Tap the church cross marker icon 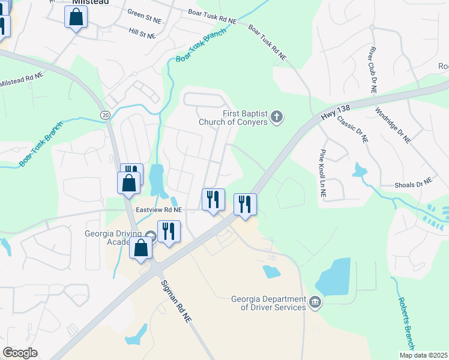(277, 116)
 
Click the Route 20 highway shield (105, 114)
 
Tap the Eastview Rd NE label (159, 210)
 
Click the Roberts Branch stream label (406, 318)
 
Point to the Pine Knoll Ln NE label (322, 174)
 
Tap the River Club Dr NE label (373, 70)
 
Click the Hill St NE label (142, 32)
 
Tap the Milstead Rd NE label (20, 79)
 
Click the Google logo (20, 353)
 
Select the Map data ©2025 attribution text (423, 355)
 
